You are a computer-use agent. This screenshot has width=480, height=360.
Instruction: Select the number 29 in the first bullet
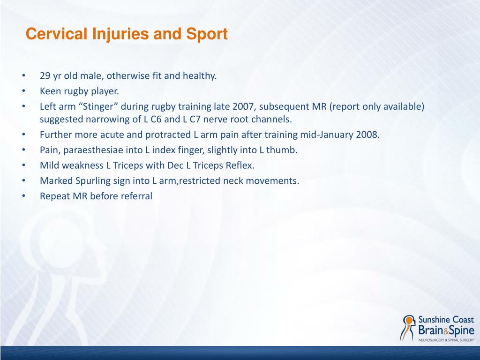click(45, 76)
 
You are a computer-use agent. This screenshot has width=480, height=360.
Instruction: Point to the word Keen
click(49, 91)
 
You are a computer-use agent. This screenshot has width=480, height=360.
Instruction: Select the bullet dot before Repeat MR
click(23, 196)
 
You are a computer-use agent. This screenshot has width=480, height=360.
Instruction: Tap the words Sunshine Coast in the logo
click(446, 320)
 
